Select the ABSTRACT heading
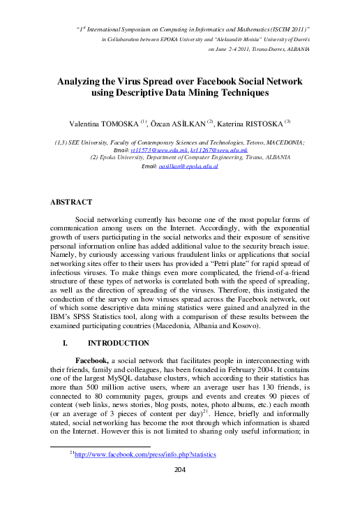73,202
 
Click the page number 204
179,469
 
